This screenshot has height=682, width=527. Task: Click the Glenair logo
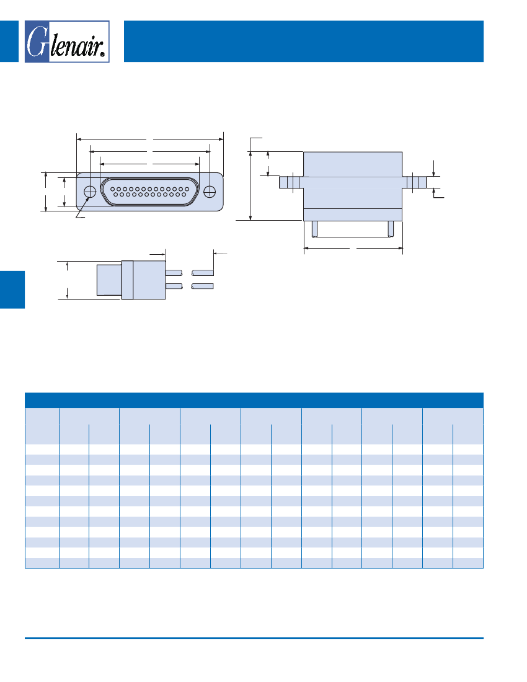click(x=67, y=42)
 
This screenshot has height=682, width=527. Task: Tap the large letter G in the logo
click(x=38, y=42)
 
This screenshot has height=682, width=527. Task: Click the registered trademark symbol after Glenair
click(x=104, y=55)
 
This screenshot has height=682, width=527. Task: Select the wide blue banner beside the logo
click(x=303, y=41)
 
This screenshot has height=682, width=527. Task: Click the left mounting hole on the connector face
click(x=90, y=192)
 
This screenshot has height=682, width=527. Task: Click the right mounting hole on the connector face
click(x=210, y=192)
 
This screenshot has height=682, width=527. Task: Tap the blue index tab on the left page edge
click(x=12, y=289)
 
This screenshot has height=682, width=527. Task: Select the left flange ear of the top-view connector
click(x=291, y=182)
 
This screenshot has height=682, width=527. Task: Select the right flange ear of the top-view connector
click(x=415, y=182)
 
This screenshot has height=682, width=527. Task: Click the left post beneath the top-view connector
click(x=315, y=229)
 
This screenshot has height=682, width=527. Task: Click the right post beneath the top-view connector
click(x=390, y=229)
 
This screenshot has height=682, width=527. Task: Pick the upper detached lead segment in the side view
click(x=203, y=273)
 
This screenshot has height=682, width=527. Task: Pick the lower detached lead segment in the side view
click(x=203, y=286)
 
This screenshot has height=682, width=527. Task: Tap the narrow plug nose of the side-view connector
click(x=109, y=280)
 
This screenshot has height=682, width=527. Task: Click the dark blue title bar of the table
click(x=254, y=400)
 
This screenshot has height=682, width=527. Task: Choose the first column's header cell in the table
click(x=42, y=425)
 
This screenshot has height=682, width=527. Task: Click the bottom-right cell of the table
click(x=468, y=563)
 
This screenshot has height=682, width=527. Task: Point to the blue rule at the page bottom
click(x=254, y=638)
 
